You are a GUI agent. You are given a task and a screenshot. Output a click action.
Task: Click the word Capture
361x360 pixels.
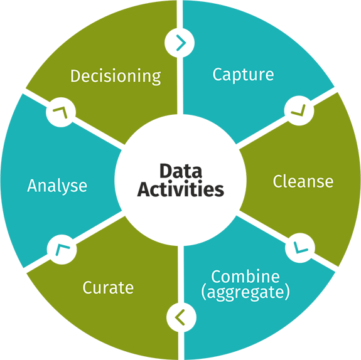[243, 75]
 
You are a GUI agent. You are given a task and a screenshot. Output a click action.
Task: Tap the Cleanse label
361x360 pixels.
[303, 182]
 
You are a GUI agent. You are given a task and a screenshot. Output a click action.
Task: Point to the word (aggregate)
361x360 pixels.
[251, 292]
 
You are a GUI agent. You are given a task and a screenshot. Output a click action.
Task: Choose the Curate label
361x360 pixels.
[108, 288]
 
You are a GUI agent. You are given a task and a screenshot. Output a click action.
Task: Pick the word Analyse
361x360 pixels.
[57, 186]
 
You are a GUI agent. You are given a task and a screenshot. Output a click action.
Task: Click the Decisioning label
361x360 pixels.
[116, 77]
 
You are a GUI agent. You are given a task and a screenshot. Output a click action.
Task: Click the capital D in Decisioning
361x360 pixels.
[76, 77]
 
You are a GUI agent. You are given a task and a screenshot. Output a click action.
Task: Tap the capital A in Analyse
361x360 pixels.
[33, 186]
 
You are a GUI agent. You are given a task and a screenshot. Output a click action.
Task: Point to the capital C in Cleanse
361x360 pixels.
[278, 182]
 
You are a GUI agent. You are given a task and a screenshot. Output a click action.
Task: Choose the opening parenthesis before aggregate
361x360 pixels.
[215, 292]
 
